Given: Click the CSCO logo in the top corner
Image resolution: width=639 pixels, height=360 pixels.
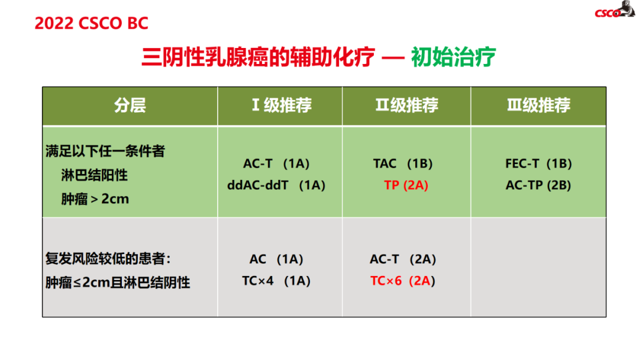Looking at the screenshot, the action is [x=615, y=10].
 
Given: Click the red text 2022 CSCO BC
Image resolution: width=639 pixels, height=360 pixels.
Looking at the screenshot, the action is [x=91, y=23].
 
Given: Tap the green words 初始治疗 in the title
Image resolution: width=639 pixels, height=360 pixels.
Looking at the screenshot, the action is [x=453, y=57].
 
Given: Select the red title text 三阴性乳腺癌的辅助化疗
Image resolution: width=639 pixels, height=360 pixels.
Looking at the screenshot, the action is [x=258, y=57].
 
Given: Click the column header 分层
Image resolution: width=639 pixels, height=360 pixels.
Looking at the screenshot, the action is [x=130, y=105].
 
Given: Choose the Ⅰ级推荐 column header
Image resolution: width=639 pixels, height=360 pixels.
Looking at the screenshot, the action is [x=282, y=105].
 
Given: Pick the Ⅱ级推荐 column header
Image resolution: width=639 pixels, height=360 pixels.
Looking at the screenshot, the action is [x=406, y=105].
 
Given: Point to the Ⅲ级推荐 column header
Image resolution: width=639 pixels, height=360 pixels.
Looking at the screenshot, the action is [x=538, y=105].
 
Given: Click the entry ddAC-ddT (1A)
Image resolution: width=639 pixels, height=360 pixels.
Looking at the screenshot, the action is [x=276, y=185].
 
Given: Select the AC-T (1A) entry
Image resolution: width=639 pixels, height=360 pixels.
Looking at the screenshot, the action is [x=276, y=163].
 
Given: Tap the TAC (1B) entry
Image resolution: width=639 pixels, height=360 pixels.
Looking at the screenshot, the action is [x=403, y=163].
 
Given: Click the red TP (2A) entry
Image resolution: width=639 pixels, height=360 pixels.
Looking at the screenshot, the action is [x=406, y=185].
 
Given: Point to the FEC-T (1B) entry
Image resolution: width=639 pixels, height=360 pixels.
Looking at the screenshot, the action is [x=538, y=163].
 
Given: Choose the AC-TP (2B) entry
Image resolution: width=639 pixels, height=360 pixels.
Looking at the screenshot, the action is [x=538, y=185].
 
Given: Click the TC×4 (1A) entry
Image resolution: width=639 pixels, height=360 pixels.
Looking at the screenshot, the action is [x=276, y=281].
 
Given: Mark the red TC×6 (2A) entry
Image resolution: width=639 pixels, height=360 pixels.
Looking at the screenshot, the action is [x=403, y=281].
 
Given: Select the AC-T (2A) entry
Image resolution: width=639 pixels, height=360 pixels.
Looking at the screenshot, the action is [x=403, y=259].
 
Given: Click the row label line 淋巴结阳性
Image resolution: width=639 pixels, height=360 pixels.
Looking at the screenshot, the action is [x=94, y=175].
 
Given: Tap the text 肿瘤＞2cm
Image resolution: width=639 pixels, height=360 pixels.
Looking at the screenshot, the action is [x=95, y=199].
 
